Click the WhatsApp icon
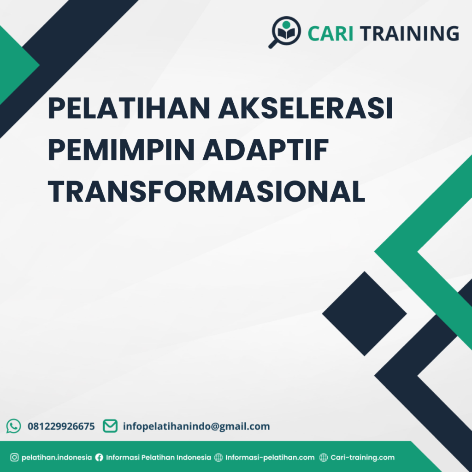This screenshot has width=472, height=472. pyautogui.click(x=14, y=426)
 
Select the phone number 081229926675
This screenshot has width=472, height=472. pyautogui.click(x=61, y=426)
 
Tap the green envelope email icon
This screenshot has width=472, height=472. pyautogui.click(x=110, y=426)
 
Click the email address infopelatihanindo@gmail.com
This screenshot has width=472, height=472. pyautogui.click(x=196, y=426)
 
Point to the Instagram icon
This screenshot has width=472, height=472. pyautogui.click(x=14, y=458)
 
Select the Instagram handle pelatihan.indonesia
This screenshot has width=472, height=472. pyautogui.click(x=57, y=458)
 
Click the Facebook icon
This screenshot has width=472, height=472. pyautogui.click(x=99, y=458)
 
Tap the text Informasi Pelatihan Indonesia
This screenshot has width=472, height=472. pyautogui.click(x=159, y=458)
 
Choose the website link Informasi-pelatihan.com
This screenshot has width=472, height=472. pyautogui.click(x=270, y=458)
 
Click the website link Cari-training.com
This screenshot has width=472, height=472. pyautogui.click(x=363, y=458)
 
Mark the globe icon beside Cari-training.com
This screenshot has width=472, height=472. pyautogui.click(x=324, y=458)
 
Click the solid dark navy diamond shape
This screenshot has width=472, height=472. pyautogui.click(x=364, y=313)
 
